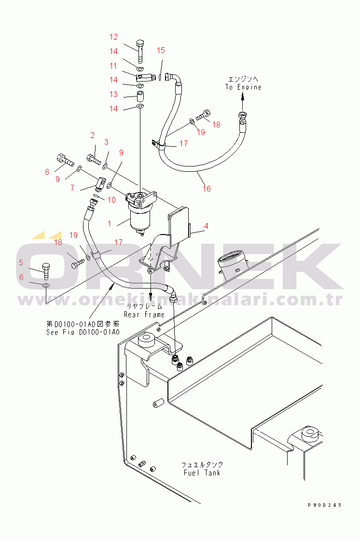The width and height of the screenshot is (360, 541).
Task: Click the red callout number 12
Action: pos(113,37)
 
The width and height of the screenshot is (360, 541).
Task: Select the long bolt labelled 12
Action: pos(140,52)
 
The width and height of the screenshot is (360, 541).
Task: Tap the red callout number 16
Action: pos(207,189)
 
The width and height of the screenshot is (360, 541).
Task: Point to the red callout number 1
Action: pos(110,223)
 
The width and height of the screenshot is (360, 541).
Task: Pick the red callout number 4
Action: pos(206,226)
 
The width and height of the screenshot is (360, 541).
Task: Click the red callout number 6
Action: pos(21,277)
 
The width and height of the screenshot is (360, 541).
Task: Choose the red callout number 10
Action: pos(111,200)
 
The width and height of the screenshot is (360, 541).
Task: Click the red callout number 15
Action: pos(161,50)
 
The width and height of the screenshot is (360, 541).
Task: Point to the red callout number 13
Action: pos(113,95)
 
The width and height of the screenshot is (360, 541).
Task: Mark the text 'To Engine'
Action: pos(243,87)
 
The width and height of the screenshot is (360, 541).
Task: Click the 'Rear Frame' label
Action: pos(144,315)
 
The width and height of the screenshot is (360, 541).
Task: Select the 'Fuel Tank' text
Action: pos(202,472)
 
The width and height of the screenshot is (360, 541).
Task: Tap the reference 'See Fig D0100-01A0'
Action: pos(83,332)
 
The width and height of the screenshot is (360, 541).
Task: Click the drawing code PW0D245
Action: pos(324,505)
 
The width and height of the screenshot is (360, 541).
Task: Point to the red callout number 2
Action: pos(93,135)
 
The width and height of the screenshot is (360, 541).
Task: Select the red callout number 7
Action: pos(72,188)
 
